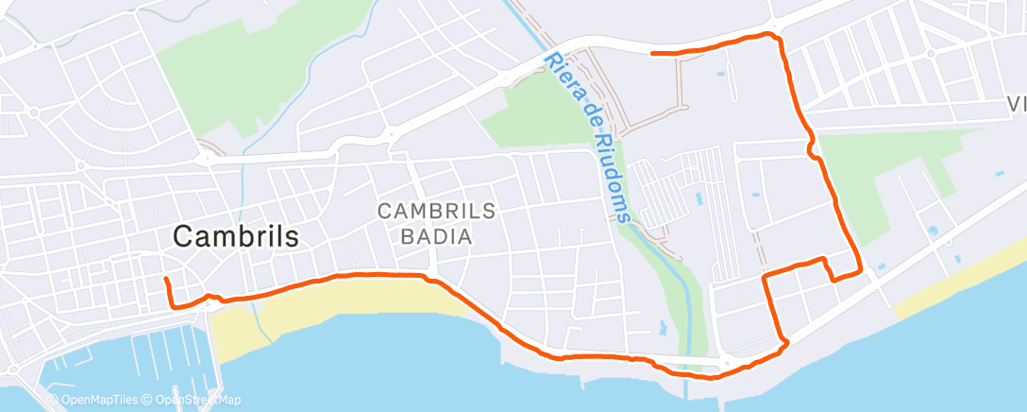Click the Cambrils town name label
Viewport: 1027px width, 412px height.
pos(236,237)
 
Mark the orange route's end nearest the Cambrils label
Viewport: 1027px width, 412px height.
pos(165,279)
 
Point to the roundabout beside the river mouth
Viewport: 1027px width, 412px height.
pos(725,363)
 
